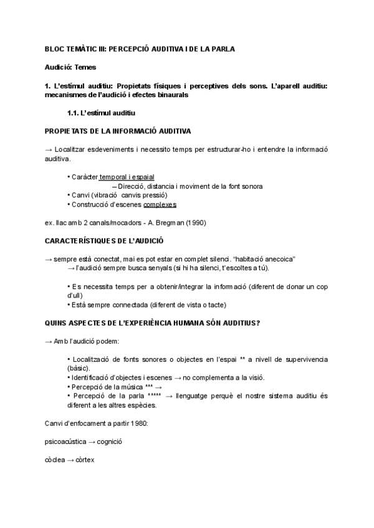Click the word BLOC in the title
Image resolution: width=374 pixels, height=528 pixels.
[55, 49]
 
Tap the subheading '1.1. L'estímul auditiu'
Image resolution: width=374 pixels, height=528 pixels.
[101, 113]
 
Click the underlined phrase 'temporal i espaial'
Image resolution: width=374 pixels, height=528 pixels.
[127, 177]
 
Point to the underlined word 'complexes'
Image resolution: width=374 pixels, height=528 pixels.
[160, 204]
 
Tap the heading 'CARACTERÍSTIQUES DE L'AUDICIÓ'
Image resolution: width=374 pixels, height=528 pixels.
[103, 240]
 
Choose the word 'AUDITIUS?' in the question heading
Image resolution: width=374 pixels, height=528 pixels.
[239, 323]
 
